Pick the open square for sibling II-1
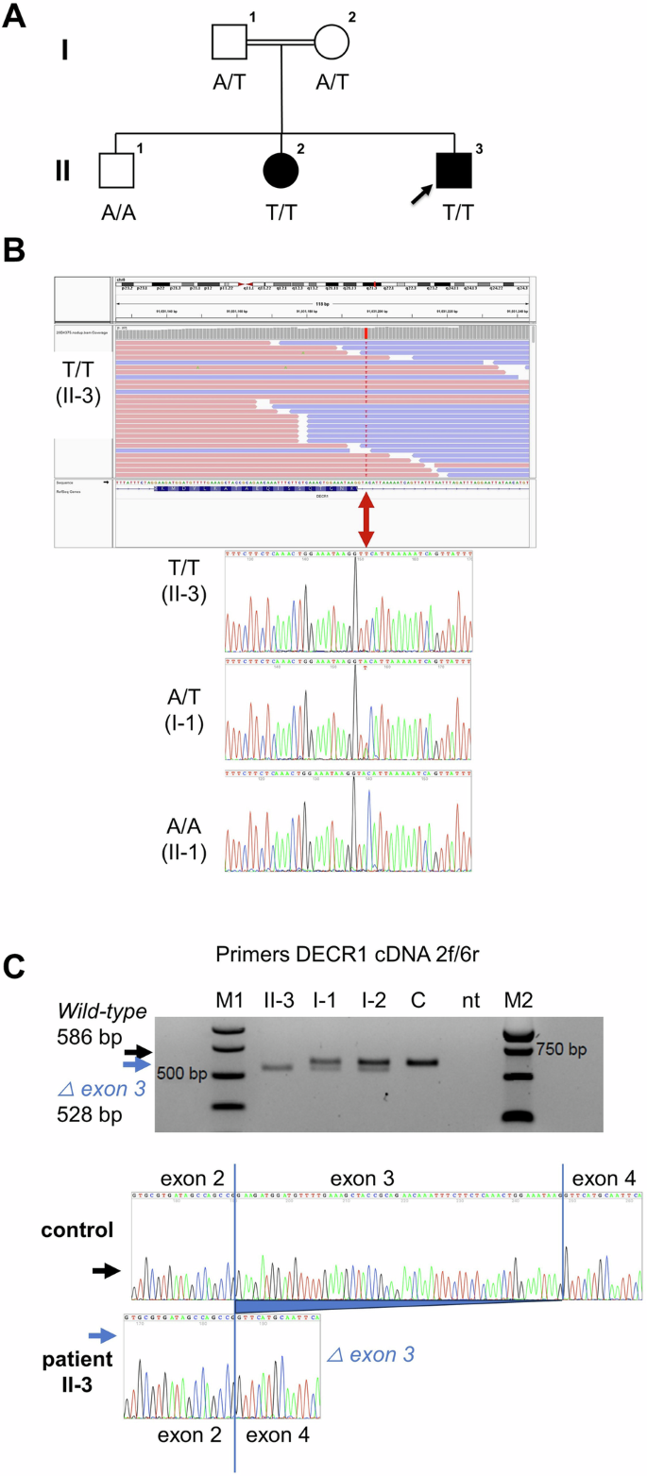(x=115, y=171)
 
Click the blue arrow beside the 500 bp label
(x=138, y=1058)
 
